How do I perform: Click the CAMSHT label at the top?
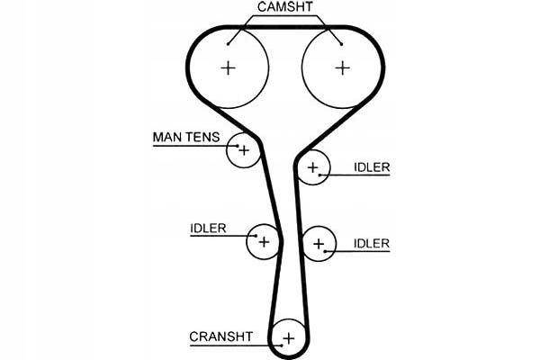click(285, 7)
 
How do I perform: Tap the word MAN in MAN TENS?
click(166, 138)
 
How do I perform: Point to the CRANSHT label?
click(220, 337)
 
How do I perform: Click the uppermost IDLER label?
click(372, 167)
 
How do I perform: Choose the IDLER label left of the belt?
click(208, 228)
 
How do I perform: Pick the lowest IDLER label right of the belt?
click(372, 243)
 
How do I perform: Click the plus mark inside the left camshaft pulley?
click(229, 67)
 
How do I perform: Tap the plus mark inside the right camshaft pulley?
click(342, 67)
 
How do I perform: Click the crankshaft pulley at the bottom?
click(288, 338)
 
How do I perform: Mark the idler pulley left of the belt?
click(264, 241)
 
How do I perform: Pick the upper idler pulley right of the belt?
click(313, 167)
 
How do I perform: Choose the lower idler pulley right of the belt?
click(319, 243)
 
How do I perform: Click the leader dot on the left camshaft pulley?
click(229, 41)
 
